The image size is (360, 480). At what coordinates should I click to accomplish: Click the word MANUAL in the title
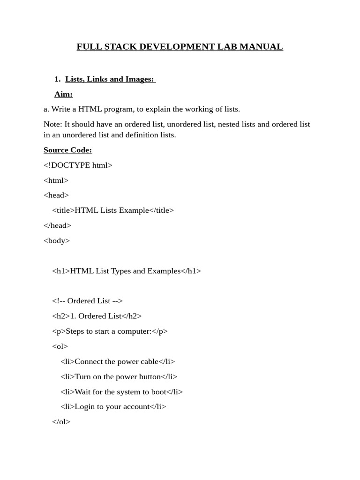262,47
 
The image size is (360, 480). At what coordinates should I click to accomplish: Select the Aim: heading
63,94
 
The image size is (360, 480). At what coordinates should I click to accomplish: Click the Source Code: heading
67,150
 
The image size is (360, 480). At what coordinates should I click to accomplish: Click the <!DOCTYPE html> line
78,165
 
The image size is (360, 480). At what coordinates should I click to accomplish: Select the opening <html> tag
56,180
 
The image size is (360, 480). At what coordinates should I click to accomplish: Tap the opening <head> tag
56,195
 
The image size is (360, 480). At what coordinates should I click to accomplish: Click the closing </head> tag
57,225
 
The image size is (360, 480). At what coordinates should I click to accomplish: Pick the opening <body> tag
57,240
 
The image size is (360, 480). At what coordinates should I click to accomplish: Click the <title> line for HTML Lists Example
113,210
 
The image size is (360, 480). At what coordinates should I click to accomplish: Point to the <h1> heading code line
127,271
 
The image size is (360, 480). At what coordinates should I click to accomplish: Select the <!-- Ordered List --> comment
87,301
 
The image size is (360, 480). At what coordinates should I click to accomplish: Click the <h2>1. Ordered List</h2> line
97,316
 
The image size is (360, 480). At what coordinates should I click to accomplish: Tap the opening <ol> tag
60,346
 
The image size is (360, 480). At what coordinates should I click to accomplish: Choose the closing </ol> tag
61,422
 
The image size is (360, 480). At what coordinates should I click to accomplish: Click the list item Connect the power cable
118,361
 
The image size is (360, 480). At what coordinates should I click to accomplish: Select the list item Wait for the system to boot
121,392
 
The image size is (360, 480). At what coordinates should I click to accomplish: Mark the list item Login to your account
113,407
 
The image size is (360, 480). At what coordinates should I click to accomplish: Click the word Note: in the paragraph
52,124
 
